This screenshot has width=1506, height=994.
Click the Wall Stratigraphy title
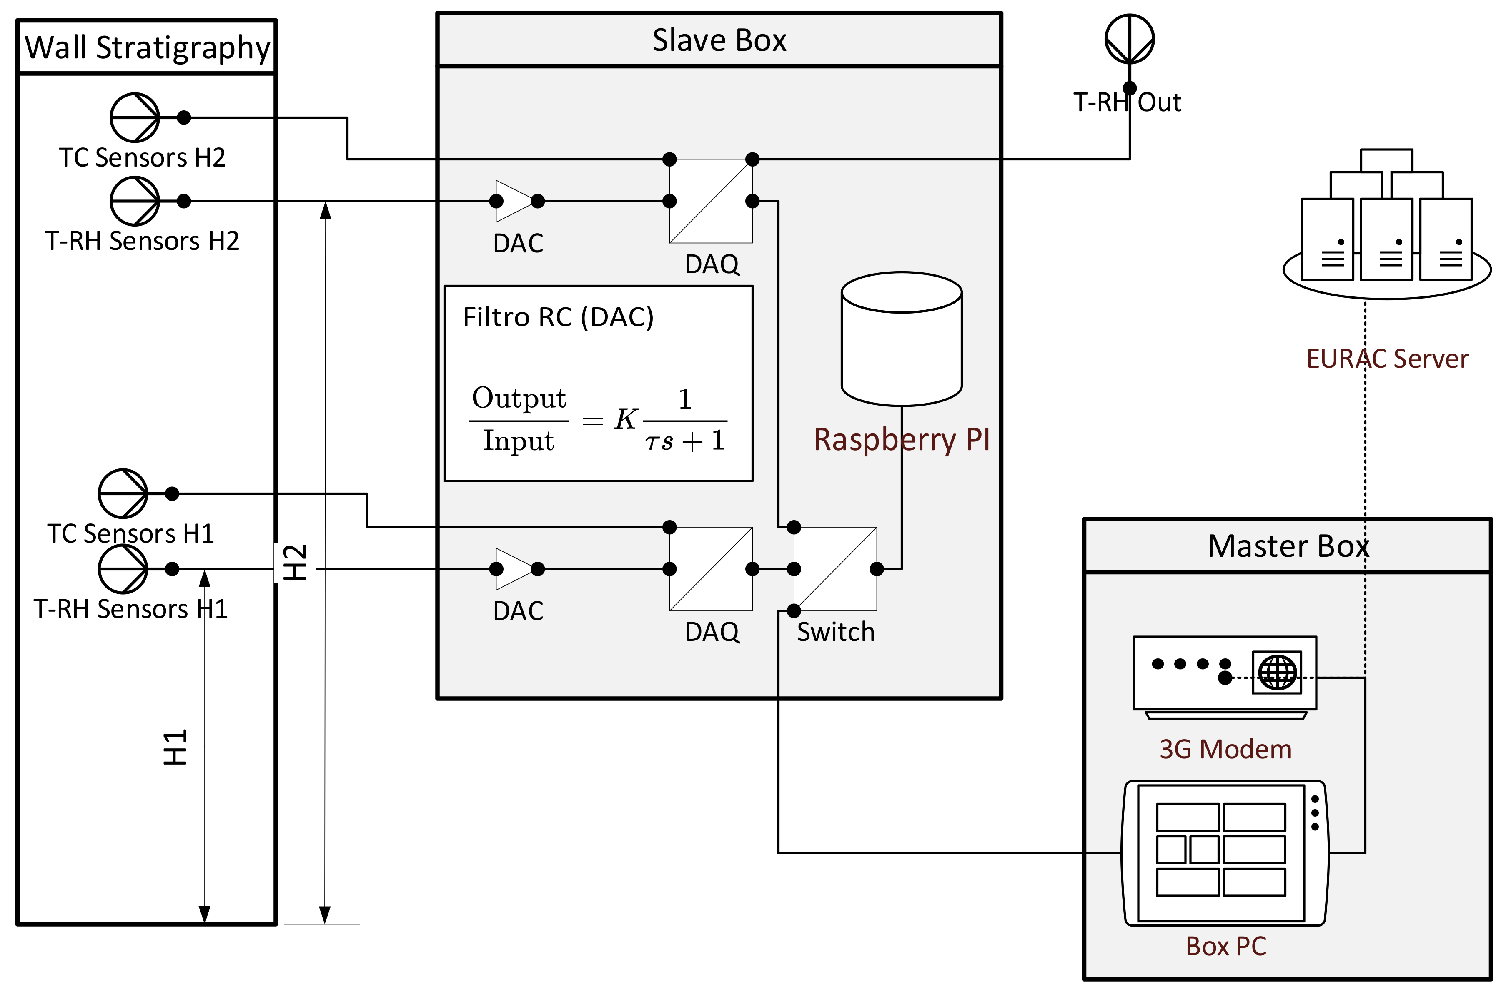point(147,47)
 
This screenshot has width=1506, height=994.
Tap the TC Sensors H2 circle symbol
point(135,117)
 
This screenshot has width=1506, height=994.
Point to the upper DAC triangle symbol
point(513,201)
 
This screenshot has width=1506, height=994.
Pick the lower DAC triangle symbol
point(513,569)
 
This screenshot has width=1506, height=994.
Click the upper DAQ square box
point(711,201)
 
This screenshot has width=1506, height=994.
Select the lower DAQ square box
point(711,569)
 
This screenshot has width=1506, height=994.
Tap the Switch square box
point(835,569)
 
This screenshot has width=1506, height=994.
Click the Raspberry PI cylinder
point(902,339)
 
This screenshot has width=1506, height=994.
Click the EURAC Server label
point(1387,359)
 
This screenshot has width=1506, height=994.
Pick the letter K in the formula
point(626,419)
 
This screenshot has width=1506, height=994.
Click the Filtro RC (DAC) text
point(558,317)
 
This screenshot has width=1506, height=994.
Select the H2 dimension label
point(295,562)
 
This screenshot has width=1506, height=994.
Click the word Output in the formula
point(519,398)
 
